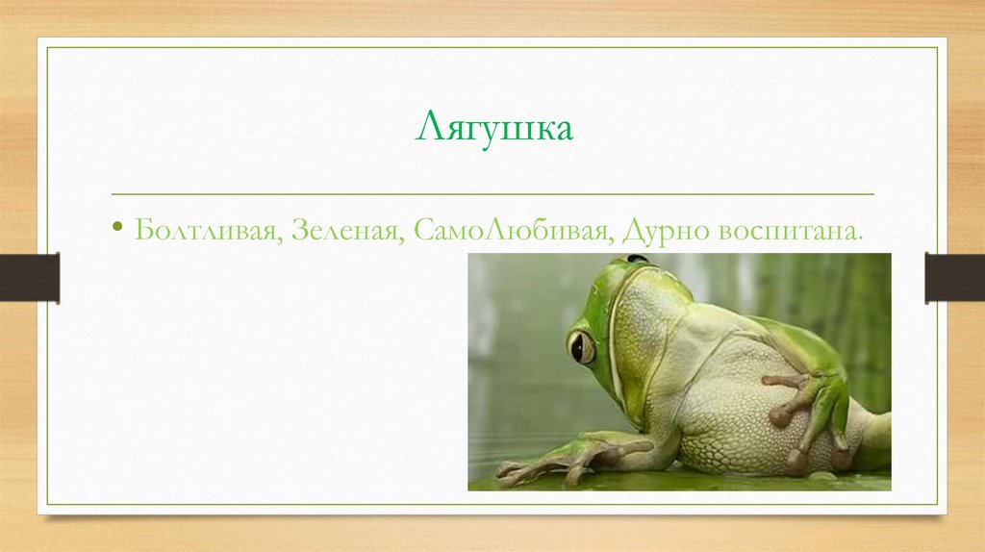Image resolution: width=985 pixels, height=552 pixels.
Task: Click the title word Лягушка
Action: click(493, 129)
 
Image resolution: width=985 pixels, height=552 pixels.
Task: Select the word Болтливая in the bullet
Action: click(205, 231)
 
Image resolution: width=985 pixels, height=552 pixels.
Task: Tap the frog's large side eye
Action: click(580, 346)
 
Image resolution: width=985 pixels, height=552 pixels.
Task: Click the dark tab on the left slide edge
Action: click(29, 277)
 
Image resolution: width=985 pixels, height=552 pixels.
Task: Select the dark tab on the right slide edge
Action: click(954, 277)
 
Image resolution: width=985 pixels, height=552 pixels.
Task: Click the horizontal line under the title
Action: click(492, 194)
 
